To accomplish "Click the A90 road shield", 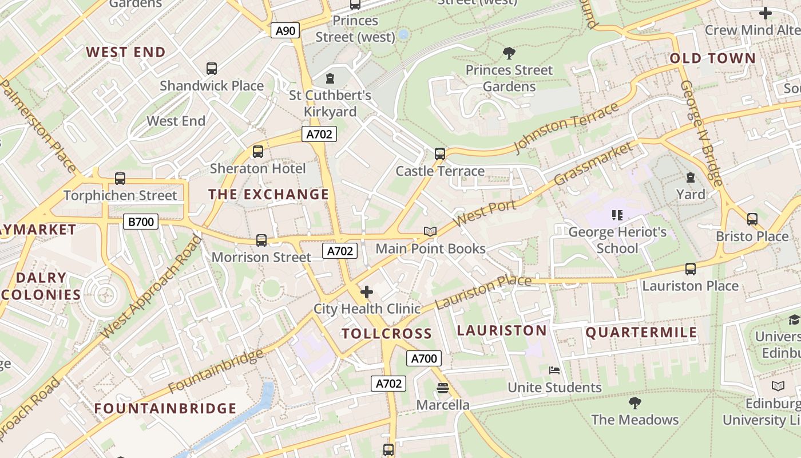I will point(285,30).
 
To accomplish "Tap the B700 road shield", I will point(141,221).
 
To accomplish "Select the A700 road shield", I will point(424,358).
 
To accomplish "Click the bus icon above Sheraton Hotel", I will point(258,152).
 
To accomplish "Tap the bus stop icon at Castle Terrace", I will point(439,154).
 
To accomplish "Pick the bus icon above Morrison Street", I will point(261,240).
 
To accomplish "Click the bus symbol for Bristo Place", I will point(752,219).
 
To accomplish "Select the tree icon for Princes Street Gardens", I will point(509,54).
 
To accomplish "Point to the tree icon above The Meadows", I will point(635,403).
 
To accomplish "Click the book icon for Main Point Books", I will point(430,231).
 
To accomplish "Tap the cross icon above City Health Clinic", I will point(367,292).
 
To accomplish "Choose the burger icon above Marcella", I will point(442,388).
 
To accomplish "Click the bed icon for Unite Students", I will point(554,370).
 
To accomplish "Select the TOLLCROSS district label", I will point(387,334).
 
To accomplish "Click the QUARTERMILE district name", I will point(641,333).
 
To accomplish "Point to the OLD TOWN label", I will point(712,58).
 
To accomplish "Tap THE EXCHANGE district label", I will point(269,195).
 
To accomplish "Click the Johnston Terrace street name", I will point(566,127).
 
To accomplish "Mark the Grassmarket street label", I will point(594,163).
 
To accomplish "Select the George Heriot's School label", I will point(617,240).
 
